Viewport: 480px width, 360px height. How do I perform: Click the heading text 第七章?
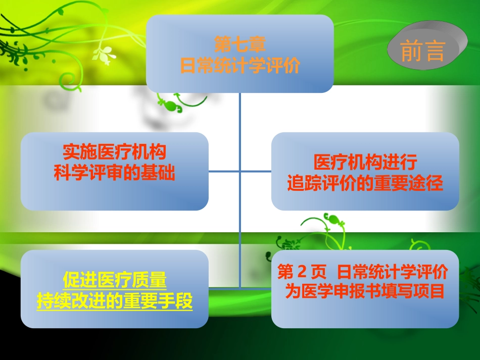pyautogui.click(x=240, y=45)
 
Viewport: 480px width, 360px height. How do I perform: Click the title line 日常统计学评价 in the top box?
pyautogui.click(x=240, y=66)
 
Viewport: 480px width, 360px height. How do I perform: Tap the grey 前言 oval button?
pyautogui.click(x=423, y=50)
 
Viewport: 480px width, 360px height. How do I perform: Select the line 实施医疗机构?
pyautogui.click(x=115, y=151)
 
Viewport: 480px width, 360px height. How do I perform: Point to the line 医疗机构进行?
pyautogui.click(x=365, y=163)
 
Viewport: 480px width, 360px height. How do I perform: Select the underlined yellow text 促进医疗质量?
pyautogui.click(x=115, y=280)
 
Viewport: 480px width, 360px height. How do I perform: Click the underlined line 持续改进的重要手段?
pyautogui.click(x=115, y=301)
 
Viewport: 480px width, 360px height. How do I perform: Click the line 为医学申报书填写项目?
pyautogui.click(x=365, y=291)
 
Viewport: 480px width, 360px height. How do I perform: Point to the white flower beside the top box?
pyautogui.click(x=106, y=55)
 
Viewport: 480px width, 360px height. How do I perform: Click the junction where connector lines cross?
pyautogui.click(x=240, y=171)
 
